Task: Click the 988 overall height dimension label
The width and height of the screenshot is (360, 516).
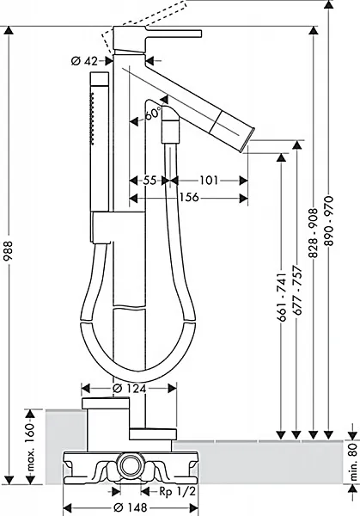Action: (9, 251)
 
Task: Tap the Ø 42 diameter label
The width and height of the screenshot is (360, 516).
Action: (84, 61)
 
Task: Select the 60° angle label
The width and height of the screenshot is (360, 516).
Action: (153, 114)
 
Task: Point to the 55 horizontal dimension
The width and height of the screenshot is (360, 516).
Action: (149, 181)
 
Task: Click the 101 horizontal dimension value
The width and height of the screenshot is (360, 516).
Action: (209, 181)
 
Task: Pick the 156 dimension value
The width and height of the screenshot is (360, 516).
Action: (189, 198)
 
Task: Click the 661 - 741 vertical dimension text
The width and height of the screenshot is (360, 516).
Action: (282, 297)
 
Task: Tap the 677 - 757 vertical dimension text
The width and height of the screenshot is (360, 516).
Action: (297, 291)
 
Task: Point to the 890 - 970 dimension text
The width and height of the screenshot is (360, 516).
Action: (329, 221)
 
